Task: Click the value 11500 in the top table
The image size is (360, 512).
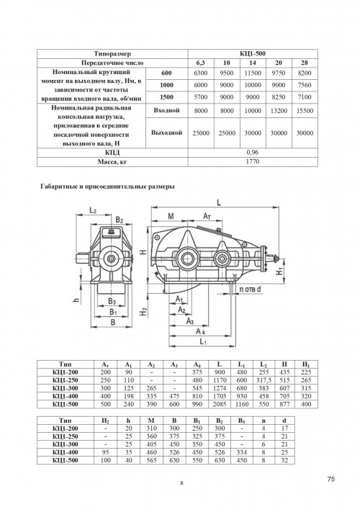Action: coord(253,73)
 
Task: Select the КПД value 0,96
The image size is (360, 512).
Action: coord(253,153)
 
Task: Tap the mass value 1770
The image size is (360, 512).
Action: coord(253,161)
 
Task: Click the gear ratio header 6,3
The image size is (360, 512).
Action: coord(201,63)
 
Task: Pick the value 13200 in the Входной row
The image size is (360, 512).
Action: coord(279,111)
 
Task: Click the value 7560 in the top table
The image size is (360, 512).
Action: coord(305,85)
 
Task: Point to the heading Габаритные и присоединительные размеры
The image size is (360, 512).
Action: coord(107,187)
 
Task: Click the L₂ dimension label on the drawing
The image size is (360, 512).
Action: coord(93,210)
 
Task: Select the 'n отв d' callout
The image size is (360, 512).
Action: coord(251,289)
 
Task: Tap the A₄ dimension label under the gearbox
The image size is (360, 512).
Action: coord(200,332)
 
